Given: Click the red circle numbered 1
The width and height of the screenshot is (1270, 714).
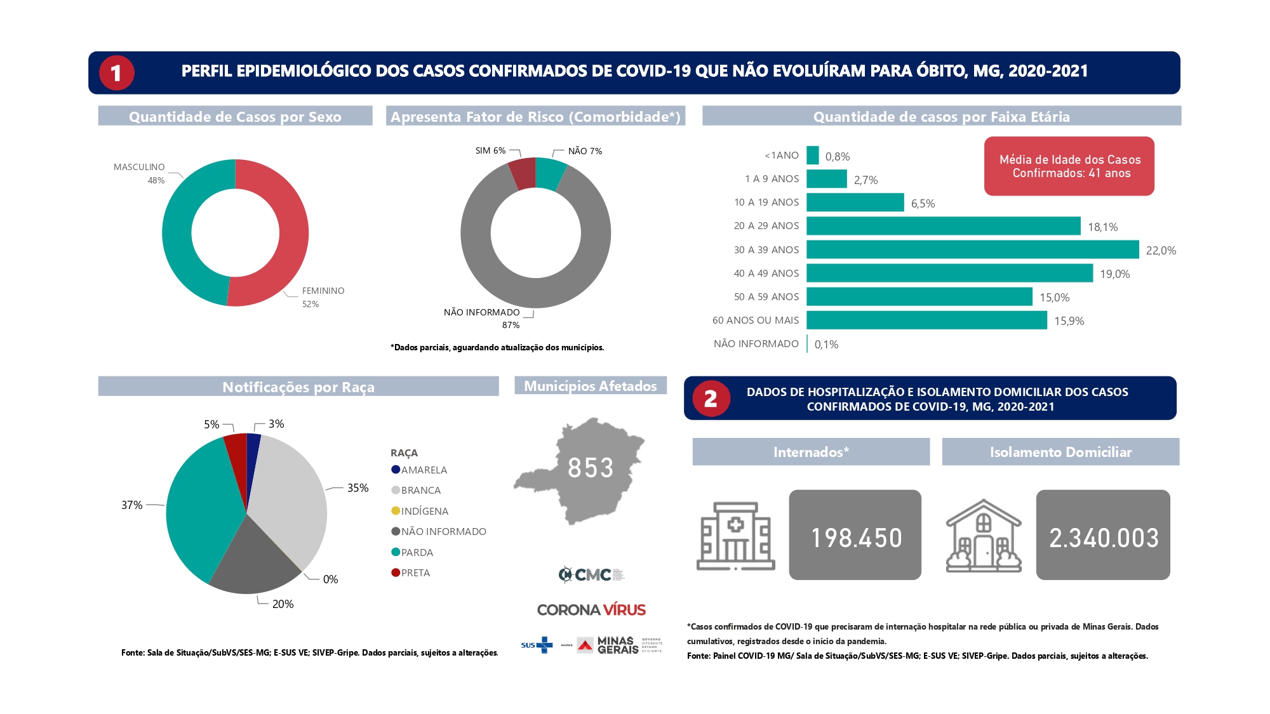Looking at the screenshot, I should pos(116,73).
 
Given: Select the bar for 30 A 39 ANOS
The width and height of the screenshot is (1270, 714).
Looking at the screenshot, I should pos(972,249).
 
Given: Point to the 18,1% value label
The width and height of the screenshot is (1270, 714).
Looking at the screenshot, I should pos(1102,227).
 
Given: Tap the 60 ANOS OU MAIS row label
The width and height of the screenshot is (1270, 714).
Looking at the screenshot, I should pos(755,321).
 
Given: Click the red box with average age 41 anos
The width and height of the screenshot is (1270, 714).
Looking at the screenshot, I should pos(1069,166).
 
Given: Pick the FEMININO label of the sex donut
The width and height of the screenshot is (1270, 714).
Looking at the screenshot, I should pos(323,291).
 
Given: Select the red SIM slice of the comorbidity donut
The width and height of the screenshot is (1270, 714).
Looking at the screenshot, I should pos(523,174).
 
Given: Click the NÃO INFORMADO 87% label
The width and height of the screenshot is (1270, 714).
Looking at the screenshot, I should pos(483,313).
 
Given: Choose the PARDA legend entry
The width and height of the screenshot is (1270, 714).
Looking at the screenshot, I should pos(417,553).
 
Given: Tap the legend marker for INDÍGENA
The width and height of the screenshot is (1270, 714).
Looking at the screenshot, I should pos(396,511).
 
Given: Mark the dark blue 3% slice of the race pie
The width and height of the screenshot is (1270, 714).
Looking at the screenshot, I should pos(253,444).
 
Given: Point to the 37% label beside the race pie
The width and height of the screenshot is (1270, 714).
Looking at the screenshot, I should pos(131,505).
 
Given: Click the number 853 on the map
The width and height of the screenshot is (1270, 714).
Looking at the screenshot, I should pos(590,468).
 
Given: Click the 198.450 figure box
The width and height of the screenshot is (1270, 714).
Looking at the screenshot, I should pos(855,535).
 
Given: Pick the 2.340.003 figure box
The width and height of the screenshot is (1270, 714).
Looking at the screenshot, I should pos(1102,535).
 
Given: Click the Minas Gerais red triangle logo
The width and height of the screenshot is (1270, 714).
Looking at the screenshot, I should pos(585,645).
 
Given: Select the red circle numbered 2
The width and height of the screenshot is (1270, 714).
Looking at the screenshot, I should pos(711,399).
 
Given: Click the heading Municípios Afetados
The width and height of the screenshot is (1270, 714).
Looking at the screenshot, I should pos(590,386).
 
